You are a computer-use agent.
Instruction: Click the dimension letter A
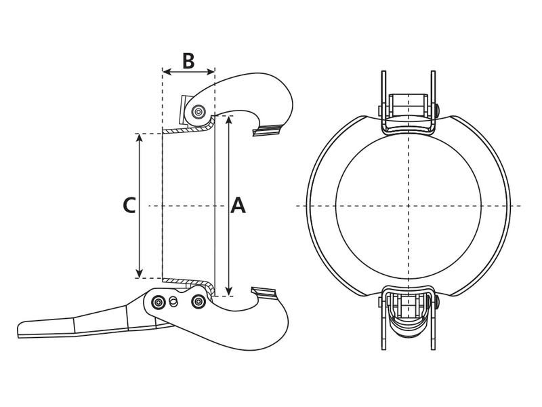coord(238,205)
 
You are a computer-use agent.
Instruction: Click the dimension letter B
coord(188,60)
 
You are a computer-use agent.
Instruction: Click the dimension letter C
coord(129,205)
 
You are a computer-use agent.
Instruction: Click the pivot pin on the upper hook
coord(199,111)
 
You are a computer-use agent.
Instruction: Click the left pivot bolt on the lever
coord(159,302)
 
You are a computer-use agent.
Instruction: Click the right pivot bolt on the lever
coord(198,302)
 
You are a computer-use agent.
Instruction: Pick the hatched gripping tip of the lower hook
coord(265,292)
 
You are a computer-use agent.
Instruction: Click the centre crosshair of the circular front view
coord(409,206)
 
